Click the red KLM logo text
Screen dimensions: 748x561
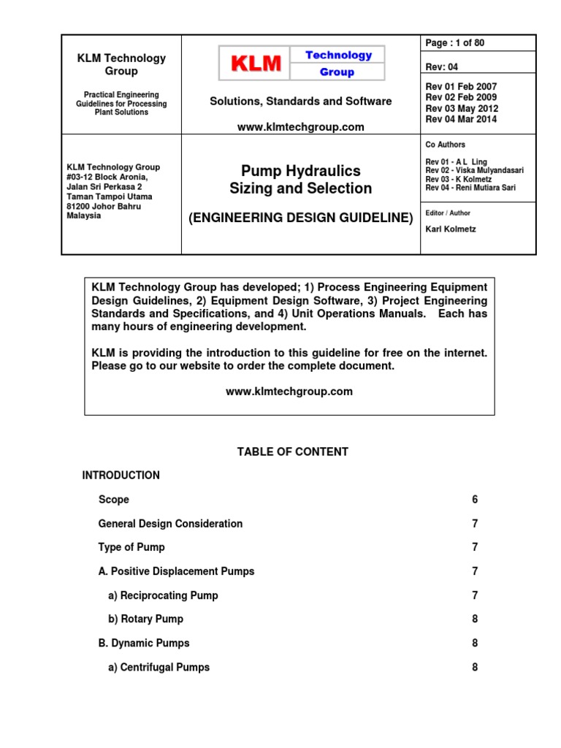(x=256, y=64)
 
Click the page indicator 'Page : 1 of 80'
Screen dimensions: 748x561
(x=455, y=43)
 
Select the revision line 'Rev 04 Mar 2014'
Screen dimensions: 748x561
(x=461, y=120)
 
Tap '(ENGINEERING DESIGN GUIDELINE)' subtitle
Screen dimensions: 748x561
(x=301, y=218)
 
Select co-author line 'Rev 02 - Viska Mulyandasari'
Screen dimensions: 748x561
(x=474, y=170)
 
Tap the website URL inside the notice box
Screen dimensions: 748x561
(x=289, y=392)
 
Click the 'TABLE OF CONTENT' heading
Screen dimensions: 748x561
(x=292, y=452)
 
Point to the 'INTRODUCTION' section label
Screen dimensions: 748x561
(x=121, y=476)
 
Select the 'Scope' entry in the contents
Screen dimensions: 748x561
(x=114, y=500)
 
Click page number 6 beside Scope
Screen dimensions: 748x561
(x=475, y=500)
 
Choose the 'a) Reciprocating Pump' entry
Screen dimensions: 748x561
(x=163, y=595)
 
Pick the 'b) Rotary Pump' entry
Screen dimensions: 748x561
(x=145, y=619)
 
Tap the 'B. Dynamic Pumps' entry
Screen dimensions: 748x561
(x=144, y=643)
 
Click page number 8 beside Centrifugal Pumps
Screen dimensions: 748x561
(x=475, y=667)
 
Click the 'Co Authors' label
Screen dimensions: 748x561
(x=445, y=145)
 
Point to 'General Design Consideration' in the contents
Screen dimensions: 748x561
(x=170, y=524)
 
